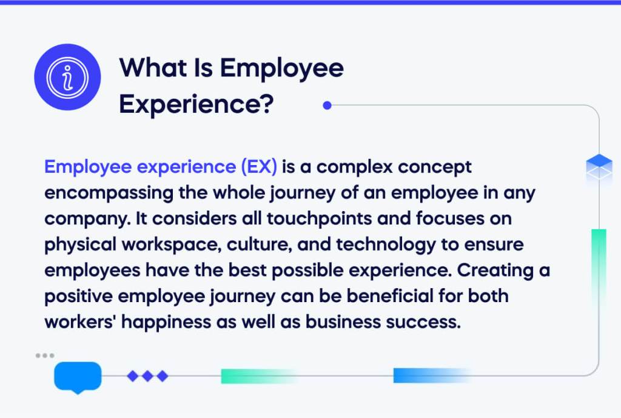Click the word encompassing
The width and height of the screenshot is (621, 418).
click(x=104, y=192)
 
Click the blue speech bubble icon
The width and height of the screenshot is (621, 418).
click(x=78, y=377)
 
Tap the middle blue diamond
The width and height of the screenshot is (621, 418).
click(x=147, y=376)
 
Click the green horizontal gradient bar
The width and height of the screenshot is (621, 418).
click(x=258, y=376)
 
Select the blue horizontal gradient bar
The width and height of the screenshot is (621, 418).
click(x=431, y=376)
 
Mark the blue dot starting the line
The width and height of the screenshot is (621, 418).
click(x=327, y=106)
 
